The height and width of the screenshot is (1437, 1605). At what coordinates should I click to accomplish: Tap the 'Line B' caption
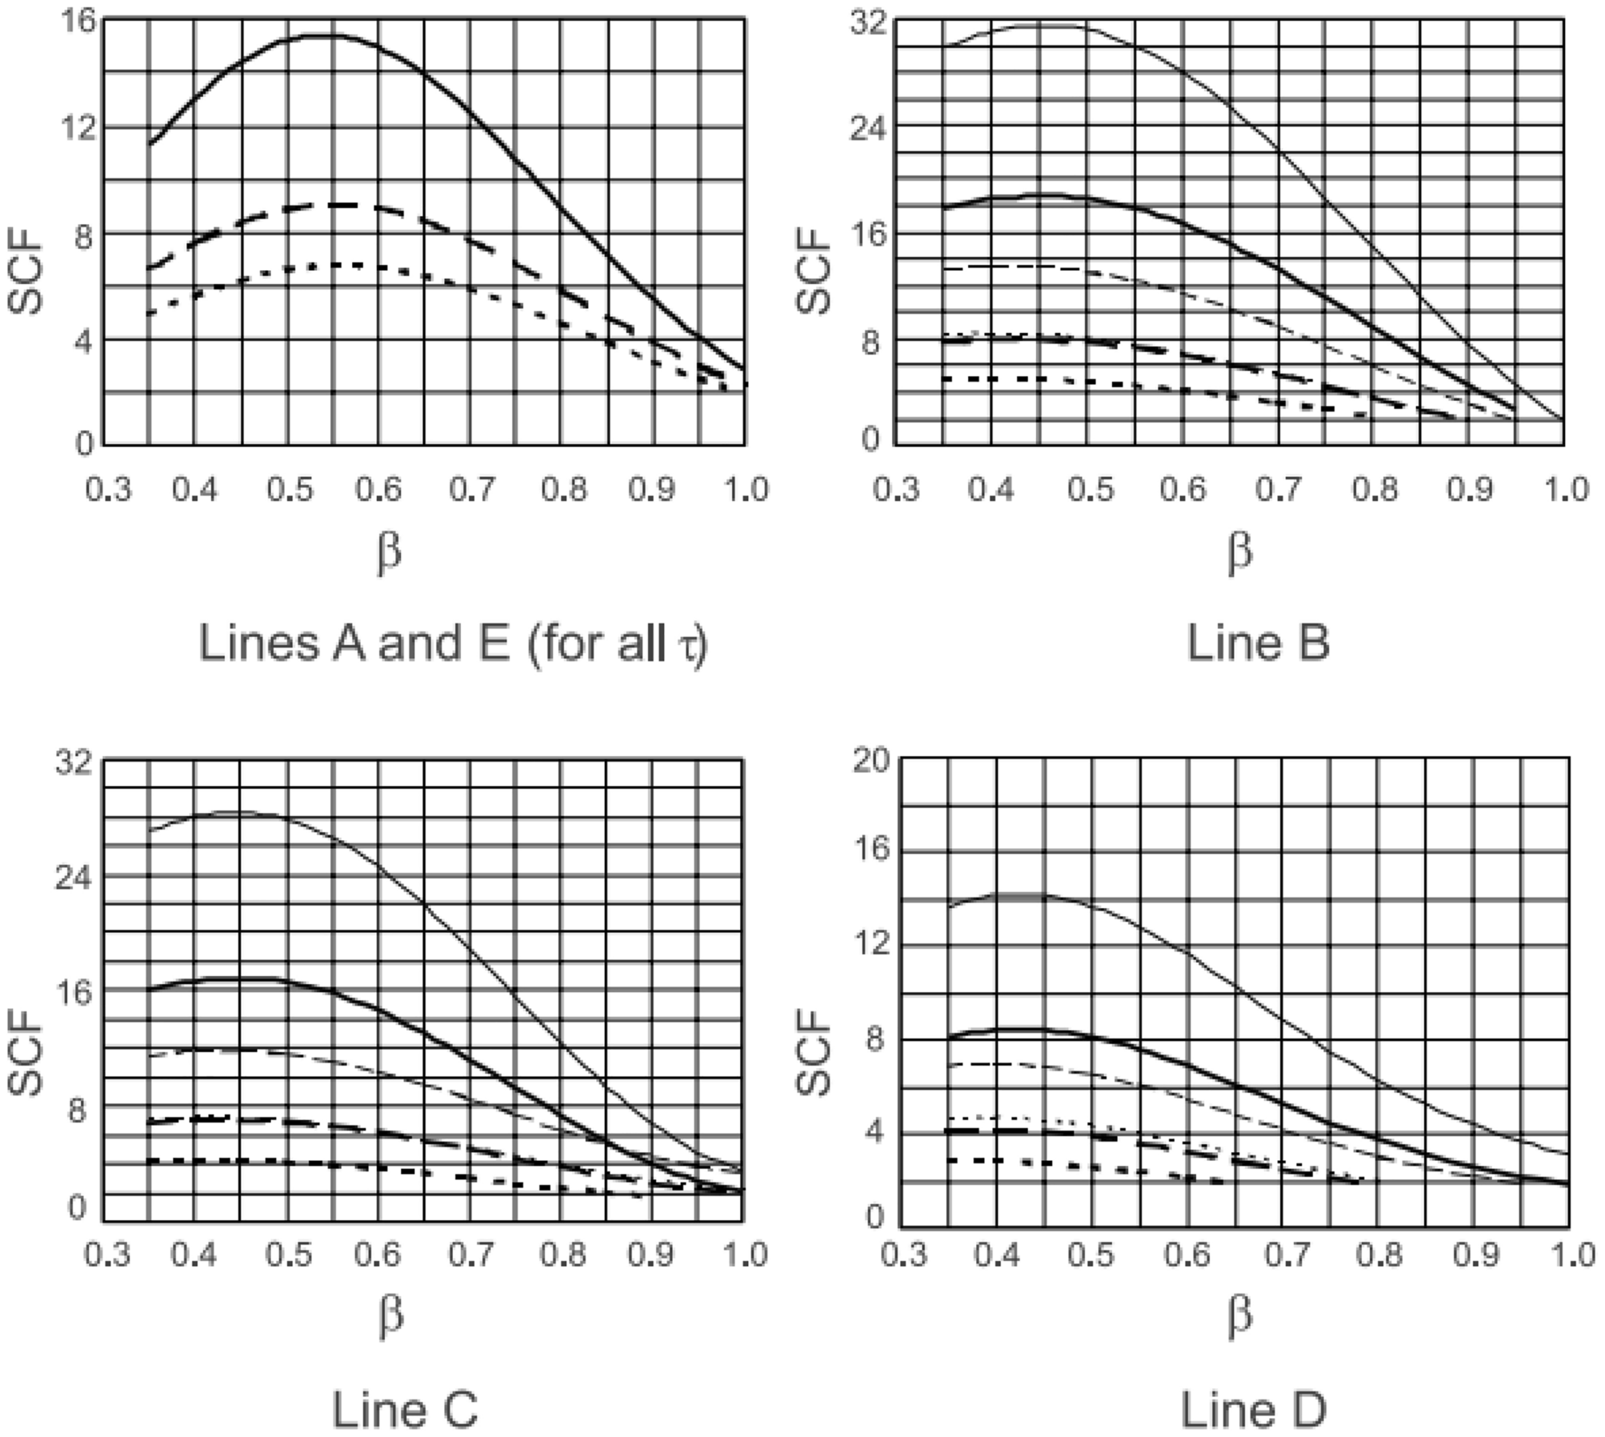(1257, 642)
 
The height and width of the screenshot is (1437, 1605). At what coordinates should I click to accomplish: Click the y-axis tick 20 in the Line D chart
(871, 761)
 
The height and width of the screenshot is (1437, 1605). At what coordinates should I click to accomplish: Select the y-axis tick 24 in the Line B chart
(871, 127)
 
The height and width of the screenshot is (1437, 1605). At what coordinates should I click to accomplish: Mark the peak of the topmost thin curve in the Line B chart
(1040, 26)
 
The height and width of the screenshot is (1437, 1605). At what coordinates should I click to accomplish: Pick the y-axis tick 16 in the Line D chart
(871, 850)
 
